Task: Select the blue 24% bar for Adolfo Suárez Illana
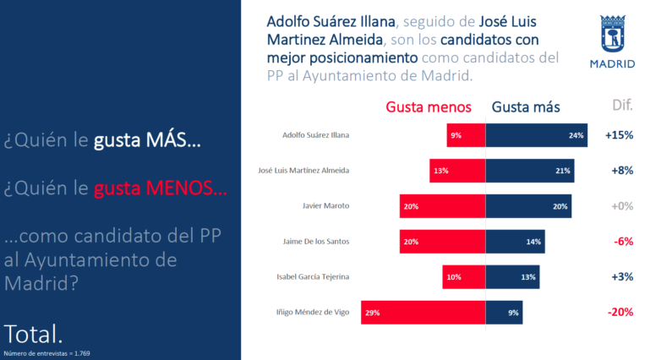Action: [536, 134]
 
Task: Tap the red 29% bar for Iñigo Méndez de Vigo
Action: [423, 312]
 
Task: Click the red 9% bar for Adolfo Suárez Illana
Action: [466, 134]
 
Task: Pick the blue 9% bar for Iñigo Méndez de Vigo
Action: [504, 312]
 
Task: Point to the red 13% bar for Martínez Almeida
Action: [456, 170]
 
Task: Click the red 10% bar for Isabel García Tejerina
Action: [463, 276]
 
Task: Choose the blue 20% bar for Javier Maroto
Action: [528, 205]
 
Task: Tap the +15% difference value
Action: [619, 134]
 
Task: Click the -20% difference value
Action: [620, 312]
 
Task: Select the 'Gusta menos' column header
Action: [434, 106]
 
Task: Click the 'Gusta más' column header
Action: [525, 106]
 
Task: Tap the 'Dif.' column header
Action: [622, 105]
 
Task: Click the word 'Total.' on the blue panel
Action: [33, 330]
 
